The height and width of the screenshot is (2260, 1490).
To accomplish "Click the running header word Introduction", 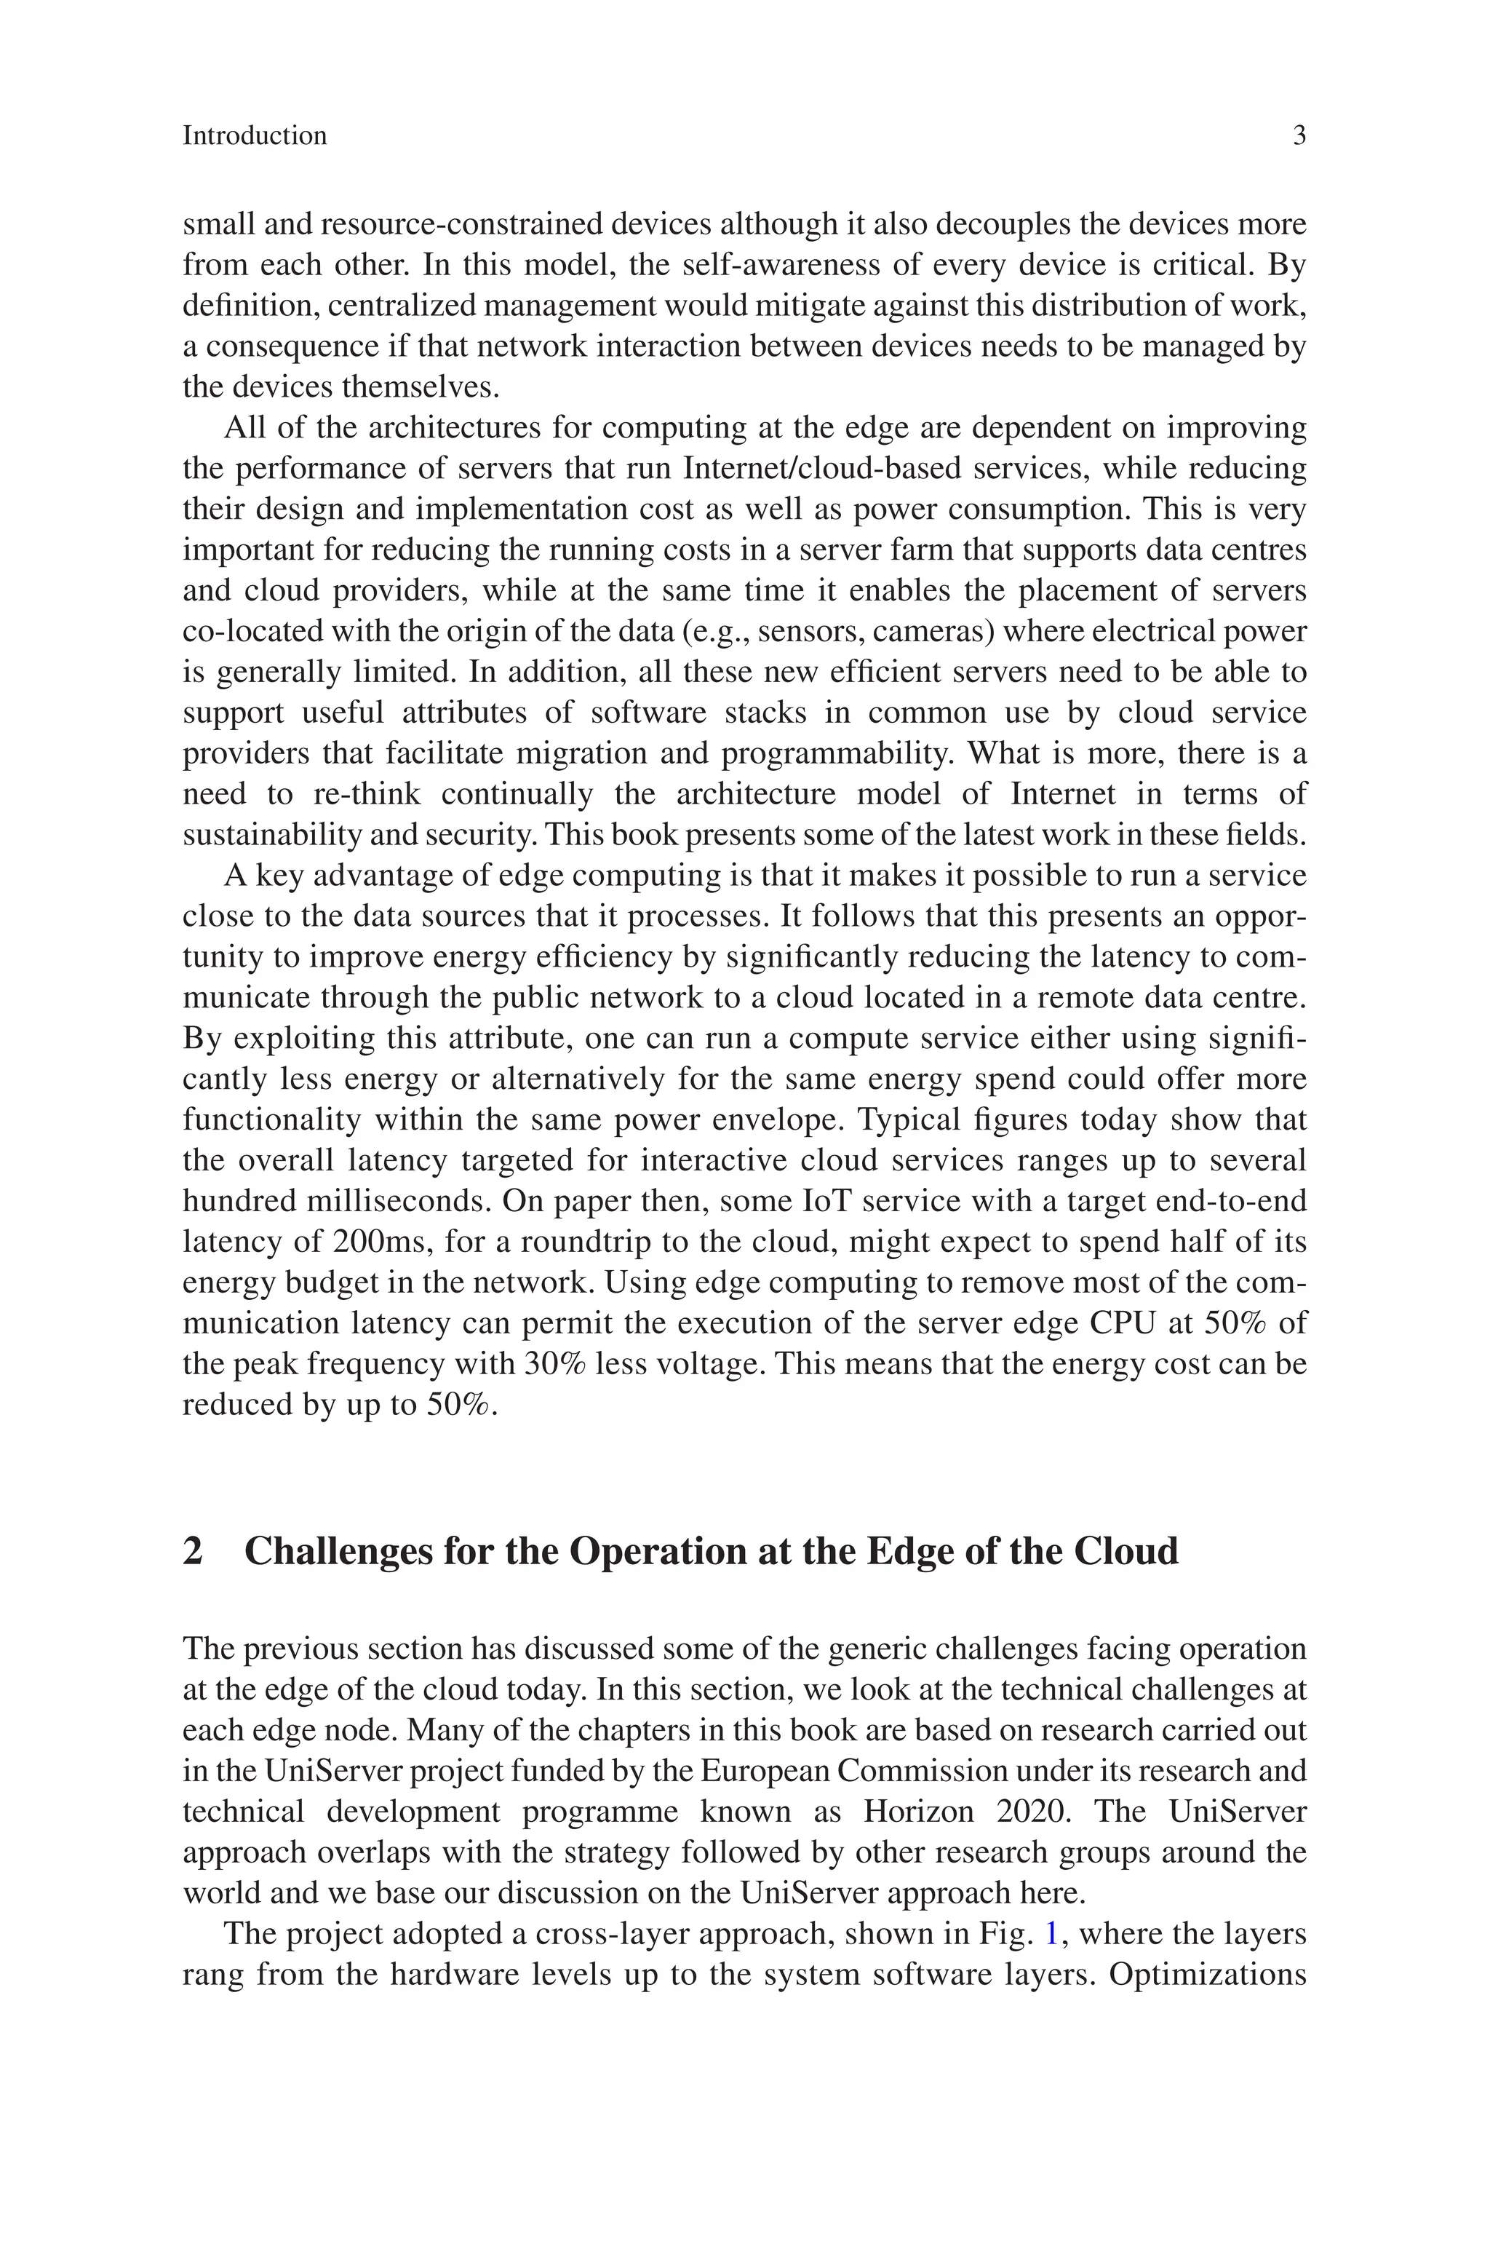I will click(x=255, y=136).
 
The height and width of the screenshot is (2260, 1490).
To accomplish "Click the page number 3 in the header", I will click(x=1299, y=136).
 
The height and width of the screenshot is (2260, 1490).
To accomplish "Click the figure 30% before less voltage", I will click(x=559, y=1365).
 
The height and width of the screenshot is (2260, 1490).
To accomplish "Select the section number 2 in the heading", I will click(x=193, y=1552).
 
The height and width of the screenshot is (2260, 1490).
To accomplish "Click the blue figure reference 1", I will click(x=1052, y=1934).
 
